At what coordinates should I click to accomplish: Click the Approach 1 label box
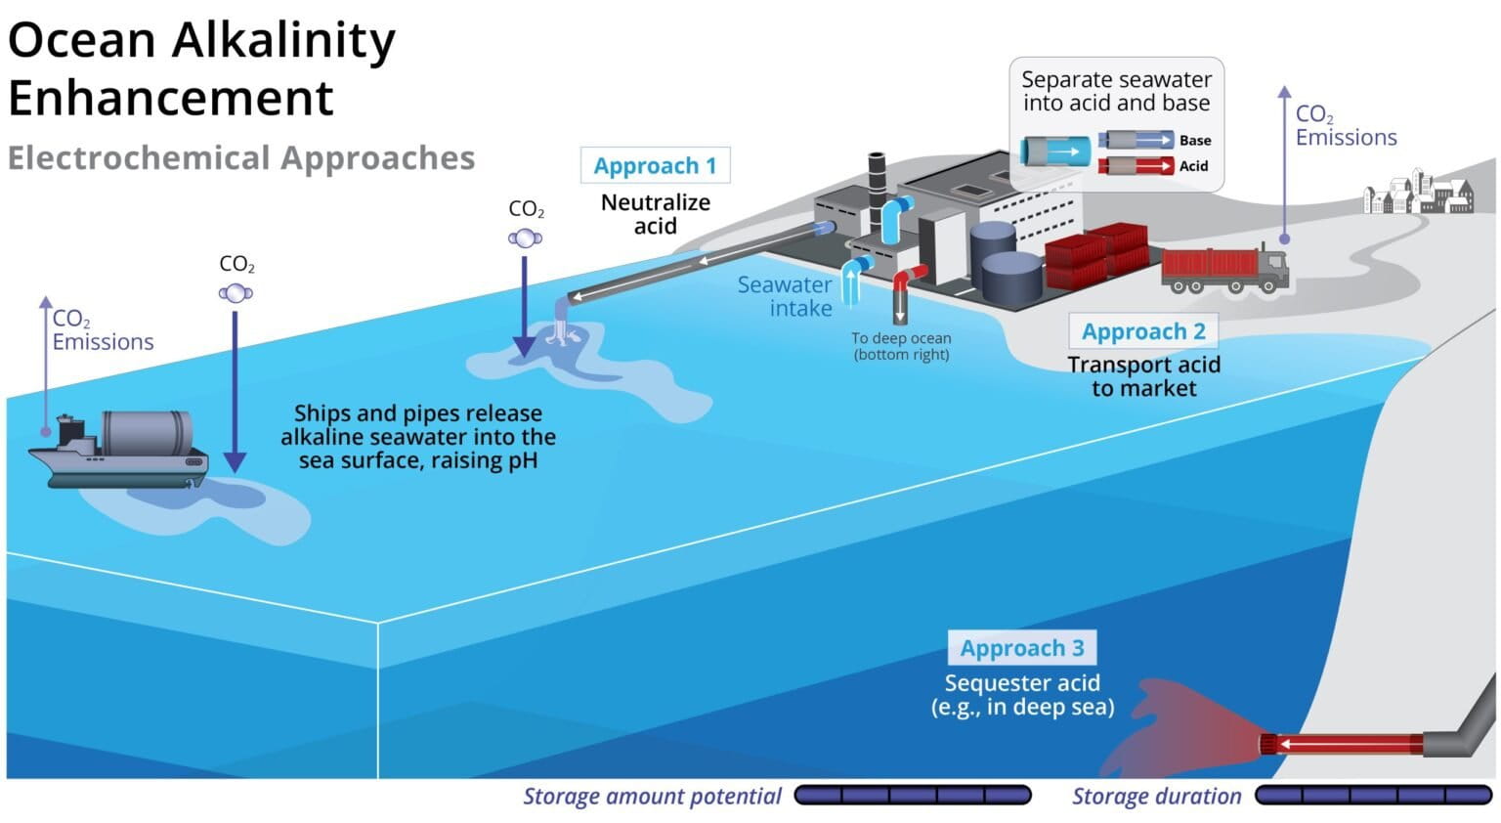coord(655,165)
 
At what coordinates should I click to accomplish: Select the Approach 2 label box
coord(1142,331)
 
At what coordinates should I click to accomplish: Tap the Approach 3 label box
coord(1021,648)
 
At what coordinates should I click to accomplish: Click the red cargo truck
coord(1223,269)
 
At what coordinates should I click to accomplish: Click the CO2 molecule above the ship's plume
coord(236,292)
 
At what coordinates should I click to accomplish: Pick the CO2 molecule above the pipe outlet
coord(525,238)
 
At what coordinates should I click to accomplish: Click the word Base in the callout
coord(1194,141)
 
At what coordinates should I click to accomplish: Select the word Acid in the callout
coord(1193,166)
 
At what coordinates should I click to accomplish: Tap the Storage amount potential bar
coord(912,796)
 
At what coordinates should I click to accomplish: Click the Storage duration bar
coord(1373,796)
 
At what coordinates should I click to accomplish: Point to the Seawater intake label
coord(785,296)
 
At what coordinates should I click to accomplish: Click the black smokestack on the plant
coord(877,176)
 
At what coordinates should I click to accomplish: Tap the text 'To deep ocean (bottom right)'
coord(900,346)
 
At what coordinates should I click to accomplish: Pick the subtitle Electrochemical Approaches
coord(241,158)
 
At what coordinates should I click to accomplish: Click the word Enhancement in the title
coord(171,99)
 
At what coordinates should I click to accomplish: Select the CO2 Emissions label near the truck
coord(1345,126)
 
